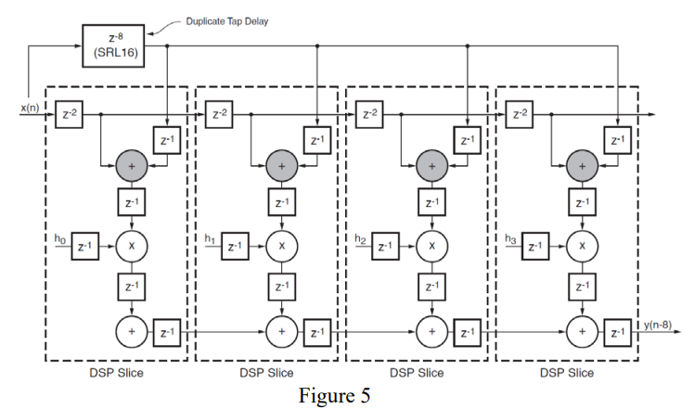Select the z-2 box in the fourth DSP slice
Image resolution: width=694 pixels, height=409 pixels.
(520, 114)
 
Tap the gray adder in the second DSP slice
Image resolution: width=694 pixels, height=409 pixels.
(281, 165)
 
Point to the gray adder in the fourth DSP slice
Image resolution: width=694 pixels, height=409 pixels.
(582, 165)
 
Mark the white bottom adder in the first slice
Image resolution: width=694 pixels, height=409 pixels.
(131, 329)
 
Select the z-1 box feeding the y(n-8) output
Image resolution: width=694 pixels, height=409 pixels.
(618, 329)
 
